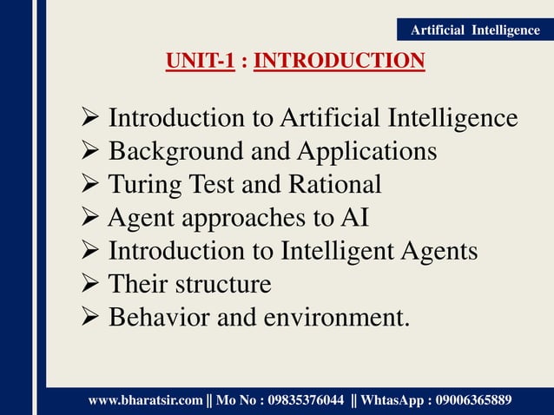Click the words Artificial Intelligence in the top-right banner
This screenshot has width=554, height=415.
click(474, 30)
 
